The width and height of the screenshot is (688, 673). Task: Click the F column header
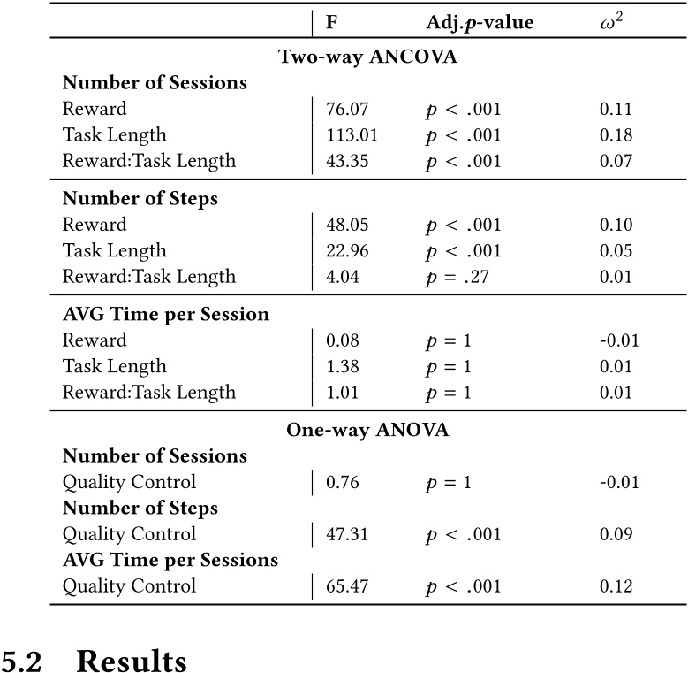pyautogui.click(x=331, y=22)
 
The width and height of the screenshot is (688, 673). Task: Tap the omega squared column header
pyautogui.click(x=609, y=22)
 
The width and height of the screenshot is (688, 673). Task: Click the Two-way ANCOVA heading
pyautogui.click(x=367, y=57)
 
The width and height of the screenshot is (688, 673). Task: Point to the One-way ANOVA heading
pyautogui.click(x=367, y=431)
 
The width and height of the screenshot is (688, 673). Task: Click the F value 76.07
pyautogui.click(x=347, y=110)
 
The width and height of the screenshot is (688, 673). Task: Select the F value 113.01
pyautogui.click(x=352, y=135)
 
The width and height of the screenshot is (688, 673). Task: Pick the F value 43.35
pyautogui.click(x=347, y=161)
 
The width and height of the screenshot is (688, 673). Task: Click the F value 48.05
pyautogui.click(x=347, y=225)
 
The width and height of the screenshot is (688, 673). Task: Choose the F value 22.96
pyautogui.click(x=347, y=251)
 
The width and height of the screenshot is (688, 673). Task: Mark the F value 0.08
pyautogui.click(x=343, y=340)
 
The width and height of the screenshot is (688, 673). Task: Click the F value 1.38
pyautogui.click(x=343, y=366)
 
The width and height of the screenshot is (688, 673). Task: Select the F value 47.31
pyautogui.click(x=347, y=534)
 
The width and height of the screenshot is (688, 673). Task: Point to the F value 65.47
pyautogui.click(x=347, y=586)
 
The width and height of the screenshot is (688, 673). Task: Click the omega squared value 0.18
pyautogui.click(x=616, y=135)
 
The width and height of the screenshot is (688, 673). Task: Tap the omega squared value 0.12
pyautogui.click(x=616, y=586)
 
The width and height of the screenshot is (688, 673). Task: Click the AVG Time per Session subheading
pyautogui.click(x=166, y=315)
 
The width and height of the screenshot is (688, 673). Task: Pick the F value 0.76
pyautogui.click(x=343, y=483)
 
